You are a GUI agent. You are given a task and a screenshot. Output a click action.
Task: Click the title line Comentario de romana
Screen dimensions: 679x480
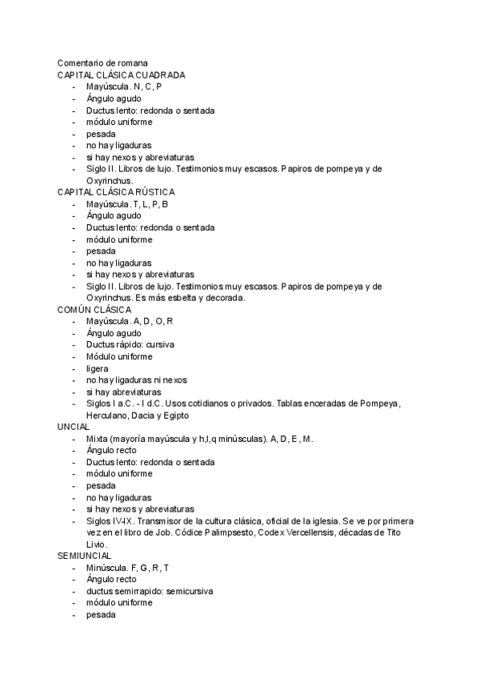pos(102,63)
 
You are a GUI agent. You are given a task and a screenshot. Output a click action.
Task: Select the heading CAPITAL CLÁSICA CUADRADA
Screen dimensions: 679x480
pos(121,75)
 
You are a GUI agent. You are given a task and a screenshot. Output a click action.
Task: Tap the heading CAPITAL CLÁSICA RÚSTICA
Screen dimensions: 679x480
pos(115,192)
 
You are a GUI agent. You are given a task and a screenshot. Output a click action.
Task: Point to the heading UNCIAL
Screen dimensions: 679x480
pos(74,427)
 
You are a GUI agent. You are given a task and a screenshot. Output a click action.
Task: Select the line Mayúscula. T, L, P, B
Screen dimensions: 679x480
pos(127,204)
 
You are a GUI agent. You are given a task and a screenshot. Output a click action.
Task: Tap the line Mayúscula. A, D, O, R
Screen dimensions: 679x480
pos(130,321)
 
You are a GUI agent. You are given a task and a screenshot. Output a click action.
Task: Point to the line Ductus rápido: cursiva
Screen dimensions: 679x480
pos(130,345)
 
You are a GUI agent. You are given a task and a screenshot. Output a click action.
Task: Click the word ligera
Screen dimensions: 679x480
pos(97,368)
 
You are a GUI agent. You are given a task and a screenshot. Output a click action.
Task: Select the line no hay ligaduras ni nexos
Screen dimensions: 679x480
pos(137,380)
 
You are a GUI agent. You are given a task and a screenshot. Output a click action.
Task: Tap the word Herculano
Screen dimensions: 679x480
pos(109,416)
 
